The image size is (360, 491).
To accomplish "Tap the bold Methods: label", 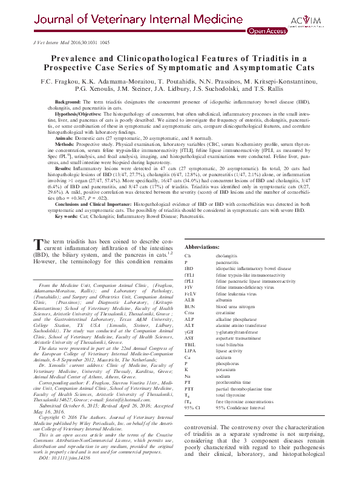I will (x=65, y=146).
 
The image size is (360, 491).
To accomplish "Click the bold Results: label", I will (x=64, y=167).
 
